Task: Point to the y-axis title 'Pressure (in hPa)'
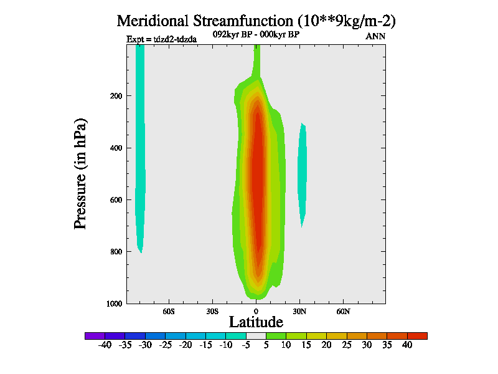click(x=80, y=172)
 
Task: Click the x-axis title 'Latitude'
click(x=256, y=322)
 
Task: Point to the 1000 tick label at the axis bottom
click(x=112, y=304)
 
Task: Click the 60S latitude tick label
click(x=169, y=310)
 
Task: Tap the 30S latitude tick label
click(x=212, y=310)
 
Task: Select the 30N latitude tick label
click(x=299, y=310)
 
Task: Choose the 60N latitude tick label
click(x=343, y=310)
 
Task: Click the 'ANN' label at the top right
click(x=375, y=36)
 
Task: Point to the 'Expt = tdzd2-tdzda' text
click(x=162, y=39)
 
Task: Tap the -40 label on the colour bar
click(x=105, y=345)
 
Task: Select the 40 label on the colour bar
click(x=407, y=345)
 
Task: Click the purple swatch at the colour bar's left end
click(x=95, y=335)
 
